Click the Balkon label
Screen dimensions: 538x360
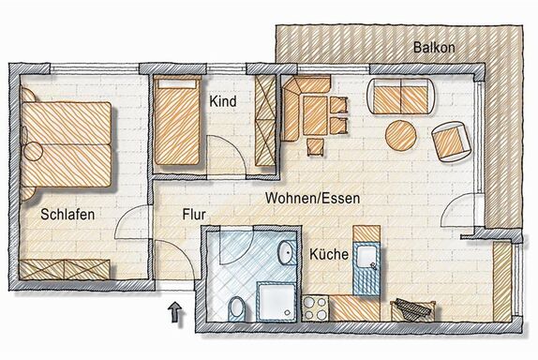(x=434, y=47)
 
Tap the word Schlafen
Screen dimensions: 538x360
(x=67, y=215)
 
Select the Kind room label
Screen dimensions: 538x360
(x=223, y=101)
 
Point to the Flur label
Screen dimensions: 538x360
(x=194, y=215)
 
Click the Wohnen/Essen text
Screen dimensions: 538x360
(x=312, y=199)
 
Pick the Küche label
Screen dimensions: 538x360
(x=329, y=254)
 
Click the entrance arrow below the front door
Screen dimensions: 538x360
(x=175, y=311)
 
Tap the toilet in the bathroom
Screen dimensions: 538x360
(x=236, y=308)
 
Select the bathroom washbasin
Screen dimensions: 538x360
(x=287, y=253)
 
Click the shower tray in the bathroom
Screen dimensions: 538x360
(x=276, y=302)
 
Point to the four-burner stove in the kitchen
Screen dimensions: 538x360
(x=315, y=307)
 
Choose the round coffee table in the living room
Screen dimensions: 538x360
(x=401, y=135)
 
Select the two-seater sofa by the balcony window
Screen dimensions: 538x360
(x=402, y=97)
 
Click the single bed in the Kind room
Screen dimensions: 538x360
(x=177, y=120)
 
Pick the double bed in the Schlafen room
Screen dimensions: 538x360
(x=67, y=144)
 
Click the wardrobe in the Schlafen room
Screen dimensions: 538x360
(x=65, y=269)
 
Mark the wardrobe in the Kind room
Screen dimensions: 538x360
(x=265, y=120)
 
